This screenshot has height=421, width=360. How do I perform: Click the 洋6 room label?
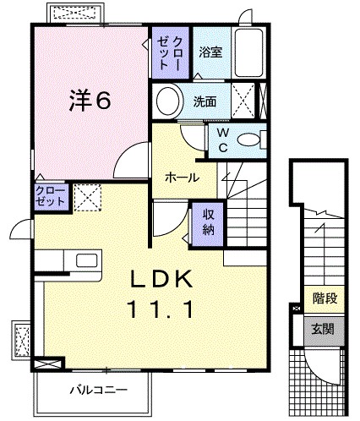[89, 101]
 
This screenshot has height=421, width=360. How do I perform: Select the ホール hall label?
[182, 178]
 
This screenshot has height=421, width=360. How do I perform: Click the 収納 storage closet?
[208, 221]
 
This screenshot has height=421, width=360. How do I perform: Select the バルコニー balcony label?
[98, 391]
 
